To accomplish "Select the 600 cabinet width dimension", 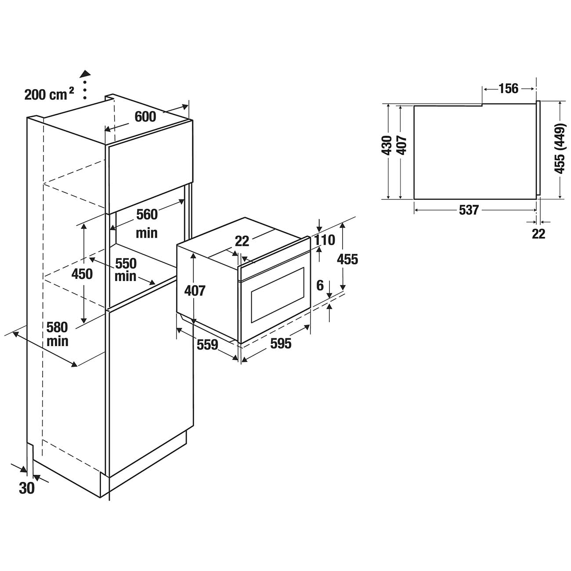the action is (x=145, y=116).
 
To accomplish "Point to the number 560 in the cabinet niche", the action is (x=147, y=214).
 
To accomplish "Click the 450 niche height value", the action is (x=82, y=274).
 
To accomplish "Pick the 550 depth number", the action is (x=126, y=263).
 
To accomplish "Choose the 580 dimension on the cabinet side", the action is (x=57, y=327).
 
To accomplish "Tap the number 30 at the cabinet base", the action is (x=27, y=488).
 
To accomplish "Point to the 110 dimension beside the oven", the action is (x=325, y=240).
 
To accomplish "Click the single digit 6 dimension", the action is (x=320, y=285).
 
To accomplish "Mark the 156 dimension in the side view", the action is (x=509, y=88).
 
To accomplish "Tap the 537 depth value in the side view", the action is (x=469, y=210).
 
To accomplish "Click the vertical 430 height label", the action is (x=387, y=145).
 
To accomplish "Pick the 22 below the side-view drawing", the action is (x=538, y=234).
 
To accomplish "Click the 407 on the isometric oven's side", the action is (x=195, y=291).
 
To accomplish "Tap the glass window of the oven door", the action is (x=278, y=295).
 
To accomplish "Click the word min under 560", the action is (x=147, y=233).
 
